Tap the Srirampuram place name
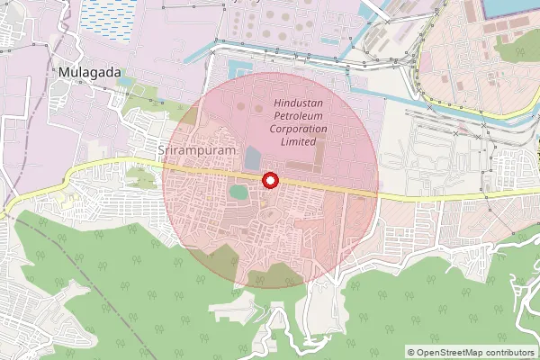click(197, 151)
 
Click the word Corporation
click(301, 129)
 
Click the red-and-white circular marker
click(269, 181)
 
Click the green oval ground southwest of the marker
click(238, 191)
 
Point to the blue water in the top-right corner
click(513, 9)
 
